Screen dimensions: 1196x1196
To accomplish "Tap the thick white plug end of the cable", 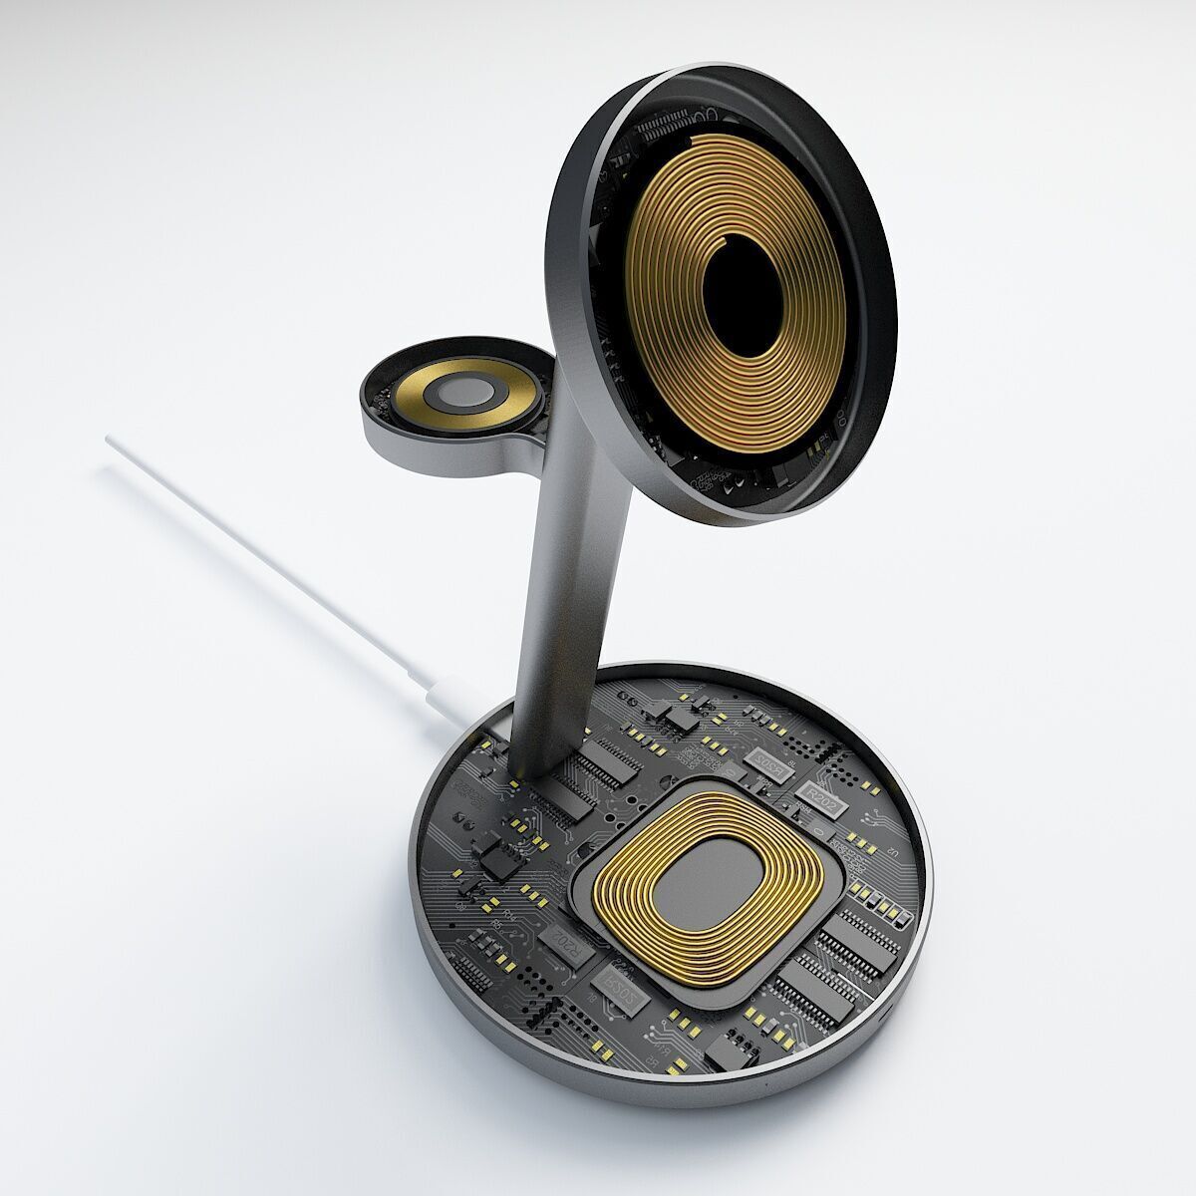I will (x=448, y=694).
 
